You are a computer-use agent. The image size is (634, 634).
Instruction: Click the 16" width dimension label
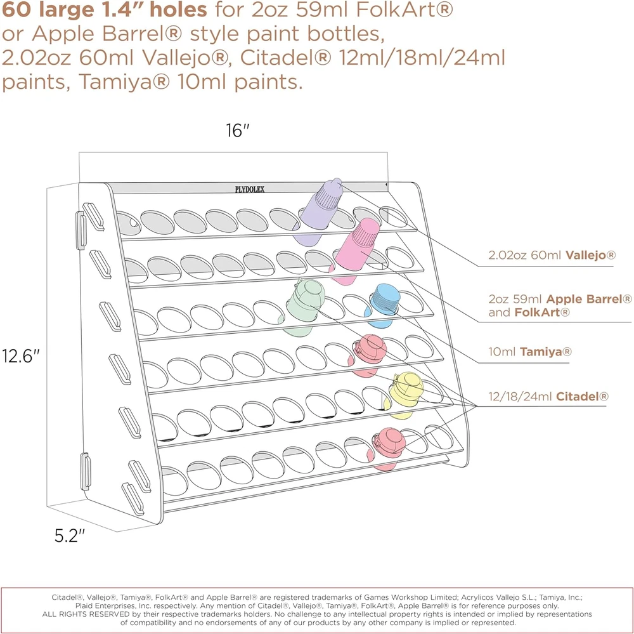point(237,130)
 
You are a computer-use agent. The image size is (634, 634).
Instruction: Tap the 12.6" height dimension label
point(21,356)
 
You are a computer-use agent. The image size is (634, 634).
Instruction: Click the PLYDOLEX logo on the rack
point(250,189)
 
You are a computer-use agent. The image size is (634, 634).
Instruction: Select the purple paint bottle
point(318,211)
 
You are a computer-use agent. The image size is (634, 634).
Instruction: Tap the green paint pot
point(304,307)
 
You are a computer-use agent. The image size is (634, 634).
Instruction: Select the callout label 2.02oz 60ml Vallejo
point(552,255)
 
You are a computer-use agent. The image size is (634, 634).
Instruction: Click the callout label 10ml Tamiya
point(529,352)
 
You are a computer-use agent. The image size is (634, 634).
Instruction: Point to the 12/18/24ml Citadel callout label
point(548,396)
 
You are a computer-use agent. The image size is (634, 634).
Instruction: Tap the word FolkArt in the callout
point(542,312)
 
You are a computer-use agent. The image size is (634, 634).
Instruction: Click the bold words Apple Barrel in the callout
point(588,299)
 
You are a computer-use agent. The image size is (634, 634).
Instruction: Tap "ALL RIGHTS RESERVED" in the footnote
point(86,614)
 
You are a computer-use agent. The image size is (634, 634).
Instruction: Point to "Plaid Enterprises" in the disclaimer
point(105,605)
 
